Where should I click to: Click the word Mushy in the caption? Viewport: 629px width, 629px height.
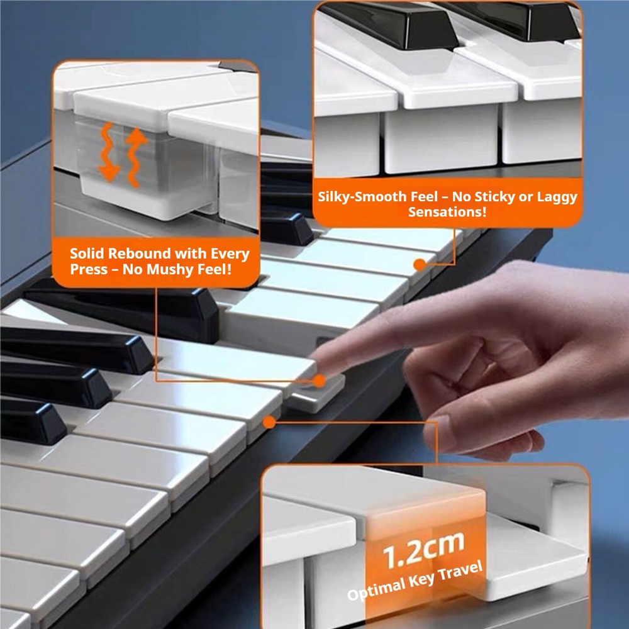tap(186, 270)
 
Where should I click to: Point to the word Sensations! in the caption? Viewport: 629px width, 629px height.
tap(447, 212)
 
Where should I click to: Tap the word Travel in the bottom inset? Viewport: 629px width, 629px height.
tap(462, 570)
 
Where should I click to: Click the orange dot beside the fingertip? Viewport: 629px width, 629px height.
tap(320, 381)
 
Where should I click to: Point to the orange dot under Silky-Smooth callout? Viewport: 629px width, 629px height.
tap(419, 265)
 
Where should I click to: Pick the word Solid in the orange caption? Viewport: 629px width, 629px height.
tap(87, 254)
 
